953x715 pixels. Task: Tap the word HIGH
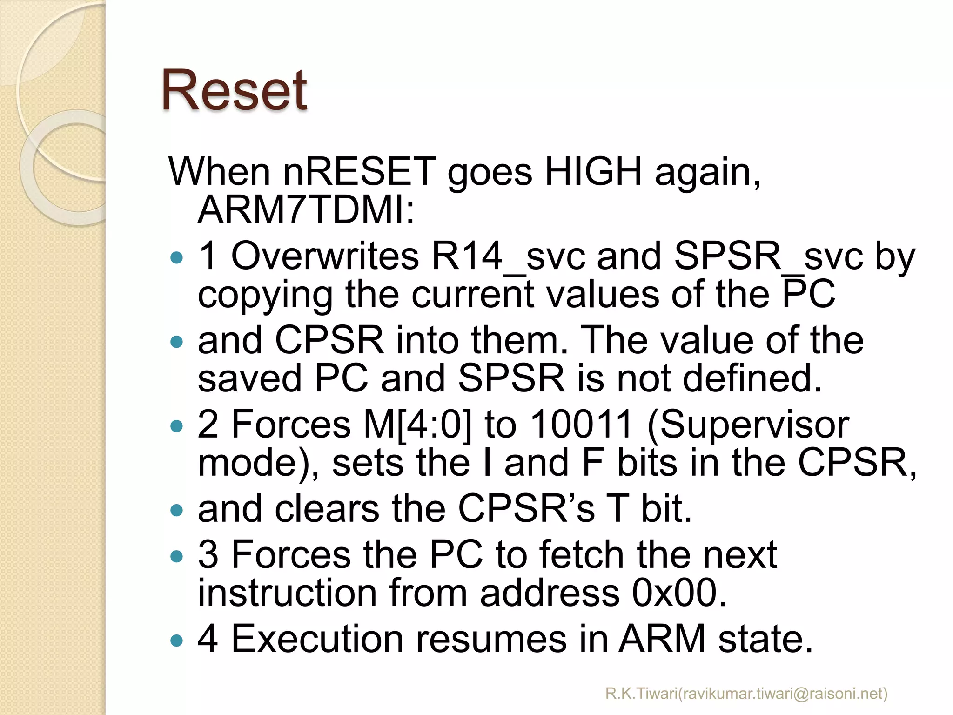(x=593, y=172)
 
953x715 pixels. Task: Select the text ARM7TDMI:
(x=306, y=210)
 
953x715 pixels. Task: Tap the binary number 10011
(x=582, y=425)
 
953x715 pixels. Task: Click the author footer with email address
(x=746, y=694)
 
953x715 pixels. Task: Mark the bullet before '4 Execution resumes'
(x=177, y=641)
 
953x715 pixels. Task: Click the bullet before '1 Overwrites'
(x=177, y=258)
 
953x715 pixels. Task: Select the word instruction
(x=287, y=593)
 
